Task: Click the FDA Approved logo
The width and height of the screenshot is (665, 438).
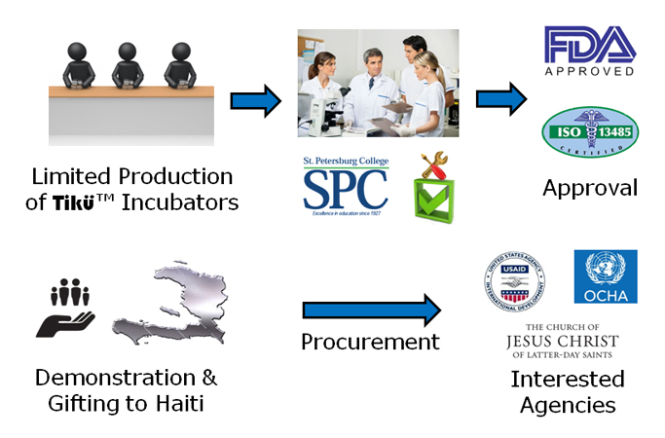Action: pyautogui.click(x=589, y=51)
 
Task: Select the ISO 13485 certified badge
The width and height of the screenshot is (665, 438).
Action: pyautogui.click(x=589, y=131)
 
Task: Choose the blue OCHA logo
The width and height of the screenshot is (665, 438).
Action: pyautogui.click(x=605, y=276)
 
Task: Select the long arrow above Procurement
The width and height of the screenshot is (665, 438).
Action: pyautogui.click(x=370, y=310)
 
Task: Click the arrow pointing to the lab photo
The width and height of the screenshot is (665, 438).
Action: pyautogui.click(x=255, y=99)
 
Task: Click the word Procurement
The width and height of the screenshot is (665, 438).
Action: pyautogui.click(x=370, y=343)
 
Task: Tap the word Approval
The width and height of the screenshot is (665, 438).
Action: pyautogui.click(x=590, y=188)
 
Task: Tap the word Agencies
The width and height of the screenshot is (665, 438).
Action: pyautogui.click(x=567, y=404)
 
